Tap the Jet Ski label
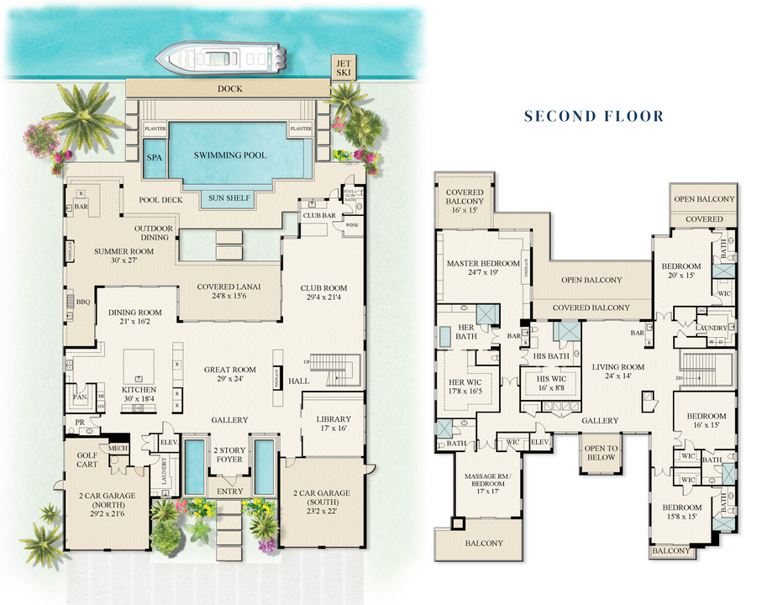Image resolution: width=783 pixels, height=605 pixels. pyautogui.click(x=343, y=68)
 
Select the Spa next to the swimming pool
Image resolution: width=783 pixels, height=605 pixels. pyautogui.click(x=155, y=158)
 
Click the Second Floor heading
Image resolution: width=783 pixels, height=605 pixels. pyautogui.click(x=594, y=116)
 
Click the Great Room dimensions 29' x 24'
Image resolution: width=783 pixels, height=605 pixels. pyautogui.click(x=229, y=379)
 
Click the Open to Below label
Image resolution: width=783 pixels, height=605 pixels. pyautogui.click(x=601, y=452)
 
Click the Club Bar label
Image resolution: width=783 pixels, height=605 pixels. pyautogui.click(x=319, y=216)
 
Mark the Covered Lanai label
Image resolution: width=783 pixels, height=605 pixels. pyautogui.click(x=229, y=287)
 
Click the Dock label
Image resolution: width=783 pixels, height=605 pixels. pyautogui.click(x=229, y=88)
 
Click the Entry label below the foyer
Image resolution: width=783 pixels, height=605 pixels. pyautogui.click(x=229, y=492)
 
